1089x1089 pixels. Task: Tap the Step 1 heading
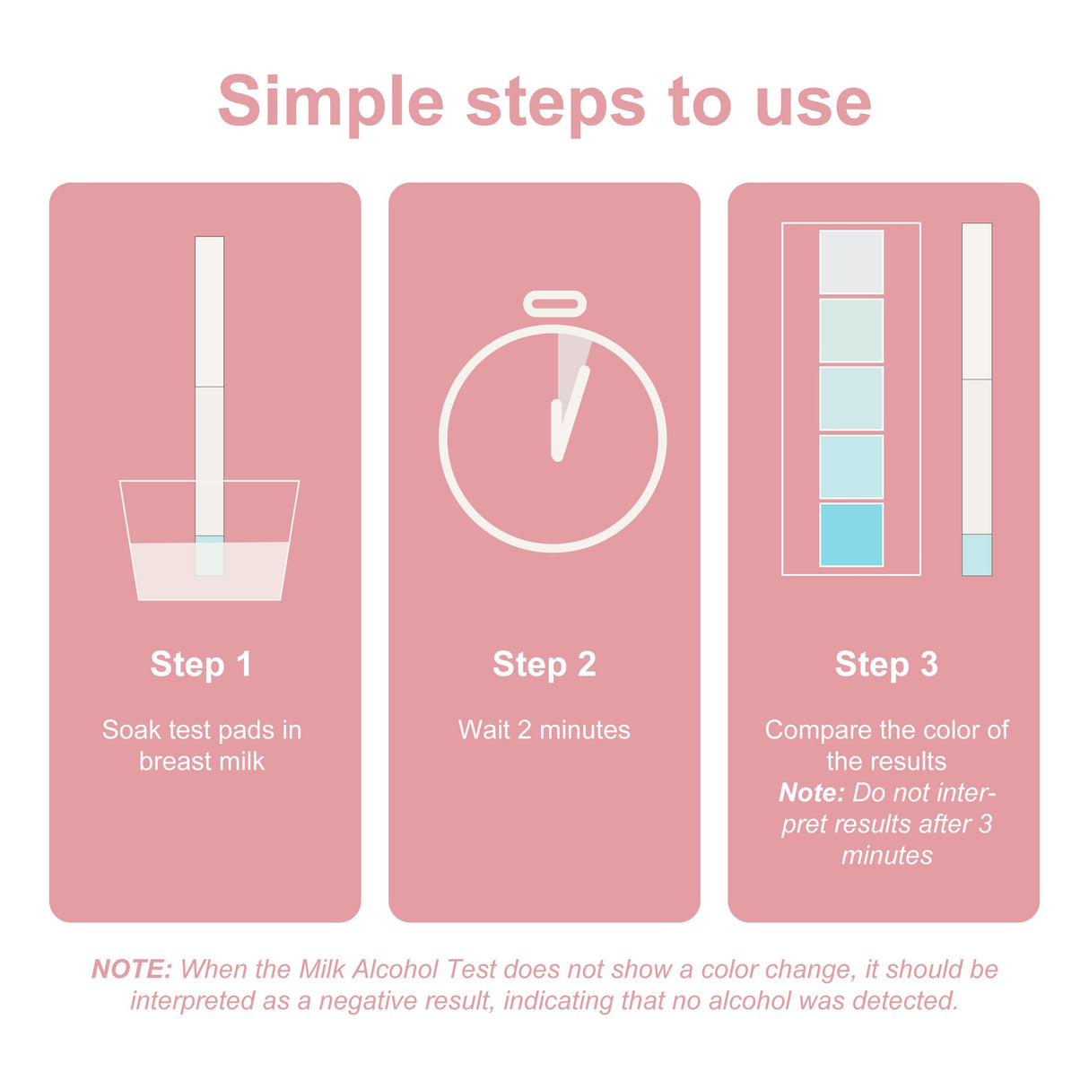[201, 665]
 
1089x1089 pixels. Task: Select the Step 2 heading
[544, 665]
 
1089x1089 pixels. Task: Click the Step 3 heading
[886, 665]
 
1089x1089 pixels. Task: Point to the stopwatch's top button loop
[554, 304]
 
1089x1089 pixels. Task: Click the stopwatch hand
[570, 413]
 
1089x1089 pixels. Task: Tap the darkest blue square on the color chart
[851, 535]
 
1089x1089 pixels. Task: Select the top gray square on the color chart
[851, 262]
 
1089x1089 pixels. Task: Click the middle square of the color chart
[851, 398]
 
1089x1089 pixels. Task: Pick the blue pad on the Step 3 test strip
[977, 554]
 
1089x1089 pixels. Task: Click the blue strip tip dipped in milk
[209, 555]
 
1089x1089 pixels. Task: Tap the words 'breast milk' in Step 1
[202, 762]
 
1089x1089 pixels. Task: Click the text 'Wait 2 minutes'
[544, 730]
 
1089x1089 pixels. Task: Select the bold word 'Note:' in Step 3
[811, 793]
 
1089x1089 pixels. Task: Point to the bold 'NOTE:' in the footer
[131, 970]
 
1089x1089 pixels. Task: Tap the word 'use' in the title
[813, 102]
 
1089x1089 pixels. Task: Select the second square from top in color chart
[851, 330]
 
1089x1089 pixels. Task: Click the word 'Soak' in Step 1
[130, 730]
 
